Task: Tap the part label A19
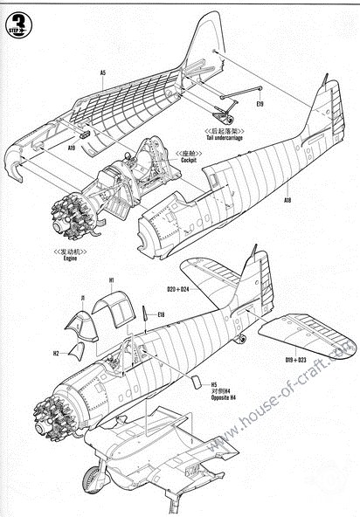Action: (x=72, y=149)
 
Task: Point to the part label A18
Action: (x=287, y=200)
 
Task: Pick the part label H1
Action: (x=112, y=280)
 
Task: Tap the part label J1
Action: (x=82, y=299)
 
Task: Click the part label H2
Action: (x=56, y=354)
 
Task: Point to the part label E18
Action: (x=161, y=314)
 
